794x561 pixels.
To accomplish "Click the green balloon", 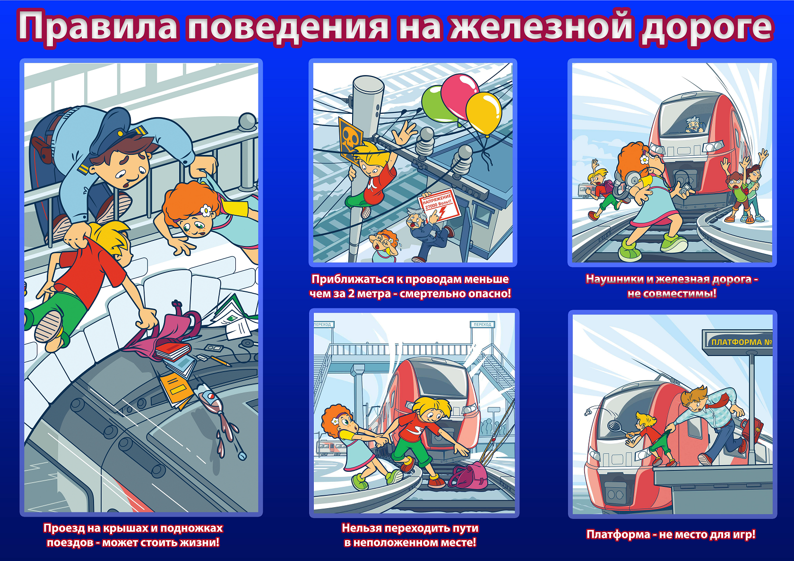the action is (438, 104).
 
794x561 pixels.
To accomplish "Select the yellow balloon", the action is (483, 112).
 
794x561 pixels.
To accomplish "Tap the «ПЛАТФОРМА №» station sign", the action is (737, 342).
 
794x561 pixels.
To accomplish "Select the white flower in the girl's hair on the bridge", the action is (205, 211).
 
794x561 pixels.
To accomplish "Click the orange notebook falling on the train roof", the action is (175, 390).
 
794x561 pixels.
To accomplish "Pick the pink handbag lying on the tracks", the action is (468, 476).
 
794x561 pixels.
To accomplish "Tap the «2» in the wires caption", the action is (351, 294).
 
